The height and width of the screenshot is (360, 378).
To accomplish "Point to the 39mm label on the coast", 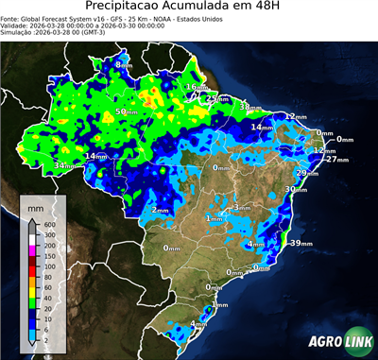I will coord(301,244).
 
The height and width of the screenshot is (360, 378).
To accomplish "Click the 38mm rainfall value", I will coord(250,108).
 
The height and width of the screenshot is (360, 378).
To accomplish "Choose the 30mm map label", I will coord(296,190).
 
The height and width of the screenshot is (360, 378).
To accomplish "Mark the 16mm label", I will coord(193,87).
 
